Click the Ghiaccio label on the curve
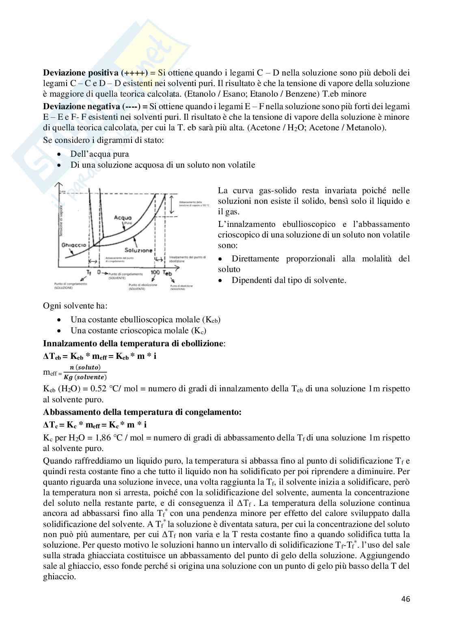[73, 245]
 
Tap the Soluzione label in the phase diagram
[138, 250]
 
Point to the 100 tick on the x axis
[155, 272]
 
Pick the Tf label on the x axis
[89, 272]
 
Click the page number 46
[406, 598]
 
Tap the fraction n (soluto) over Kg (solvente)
[85, 372]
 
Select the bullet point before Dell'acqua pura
[60, 154]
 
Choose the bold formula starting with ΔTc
[95, 425]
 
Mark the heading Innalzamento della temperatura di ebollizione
[133, 343]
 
